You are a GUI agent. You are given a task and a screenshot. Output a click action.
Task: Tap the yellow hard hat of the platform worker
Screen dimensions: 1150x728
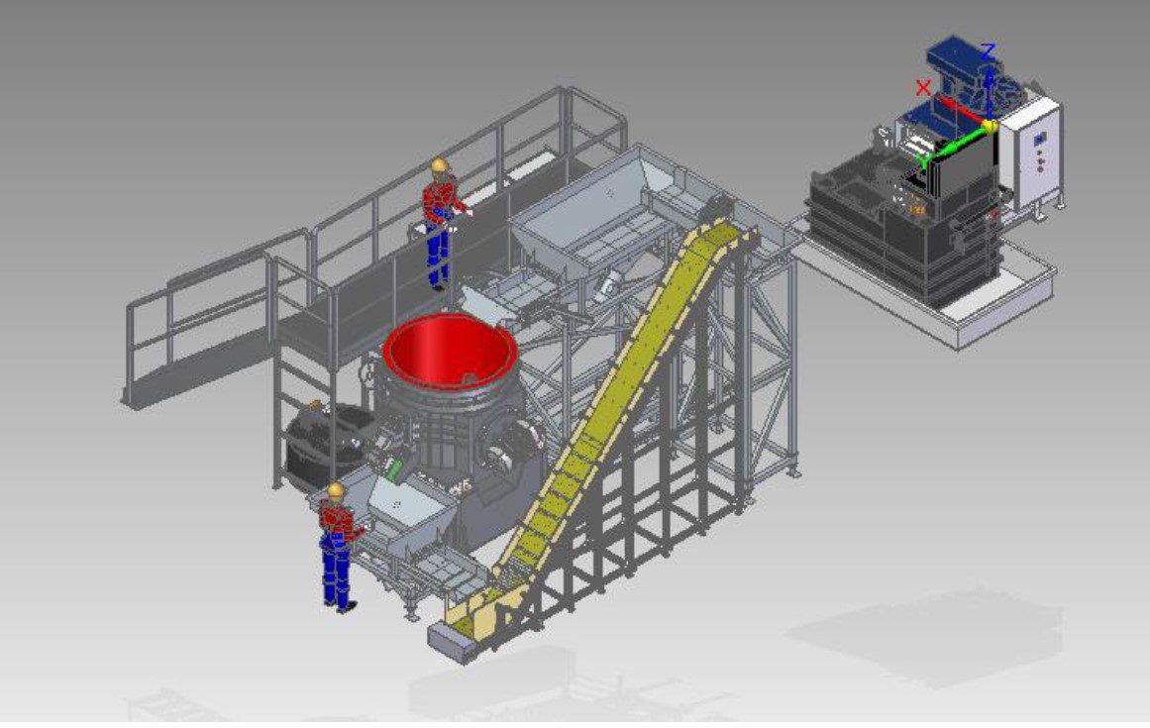[440, 165]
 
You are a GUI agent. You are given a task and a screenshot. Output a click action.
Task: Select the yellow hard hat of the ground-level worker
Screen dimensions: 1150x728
[335, 489]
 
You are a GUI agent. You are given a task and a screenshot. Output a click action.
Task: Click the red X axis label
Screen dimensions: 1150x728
[923, 89]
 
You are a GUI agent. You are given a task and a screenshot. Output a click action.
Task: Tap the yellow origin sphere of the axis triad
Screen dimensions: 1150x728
[991, 126]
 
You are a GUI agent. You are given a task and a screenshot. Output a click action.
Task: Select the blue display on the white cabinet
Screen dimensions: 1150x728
[1039, 139]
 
